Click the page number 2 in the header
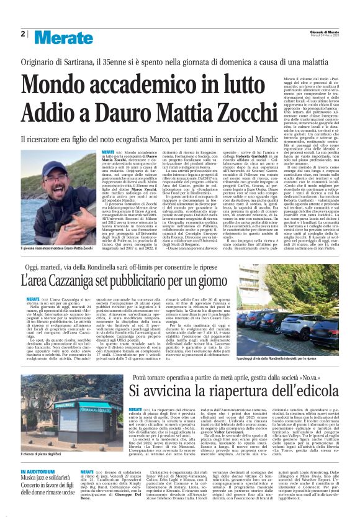[23, 34]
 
